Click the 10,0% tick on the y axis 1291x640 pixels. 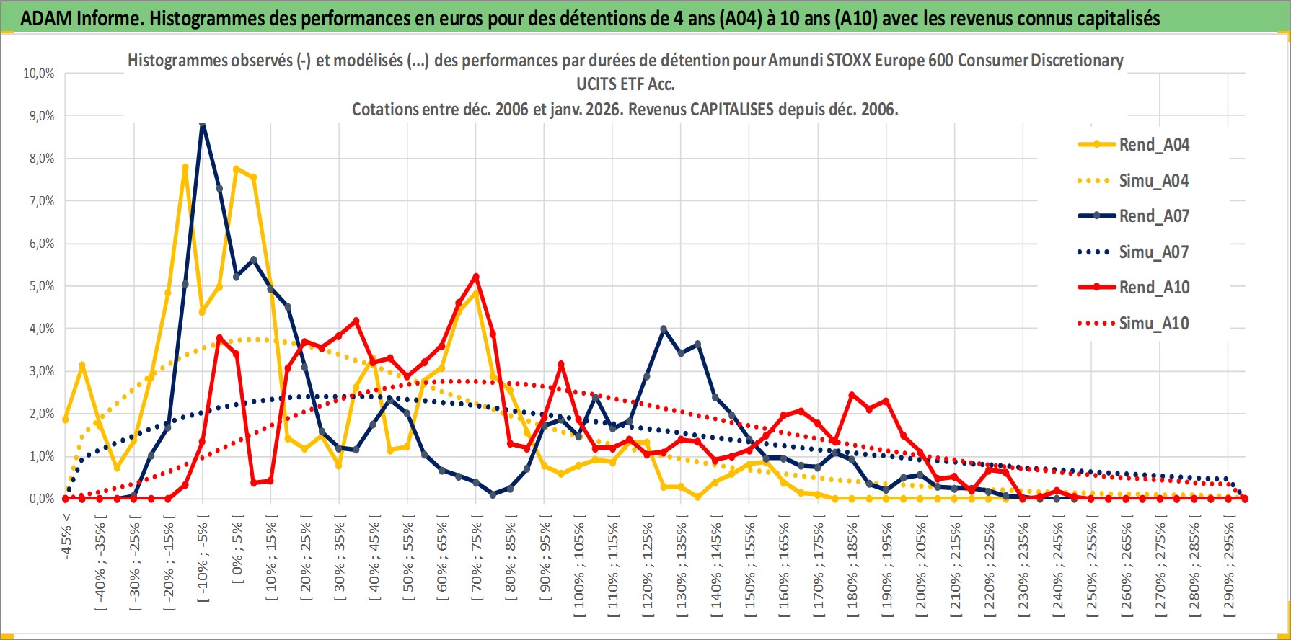point(39,74)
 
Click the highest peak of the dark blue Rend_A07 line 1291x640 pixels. point(203,124)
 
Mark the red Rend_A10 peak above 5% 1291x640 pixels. point(476,277)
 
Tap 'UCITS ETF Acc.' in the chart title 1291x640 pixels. point(625,84)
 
